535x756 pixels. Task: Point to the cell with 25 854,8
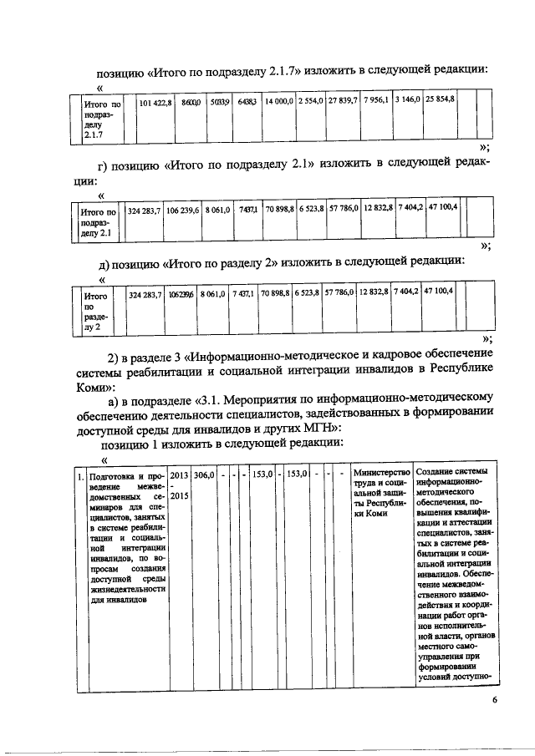click(440, 101)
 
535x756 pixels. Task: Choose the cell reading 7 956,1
click(376, 101)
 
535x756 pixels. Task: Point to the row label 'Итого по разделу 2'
click(97, 312)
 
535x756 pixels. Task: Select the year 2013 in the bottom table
click(180, 474)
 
